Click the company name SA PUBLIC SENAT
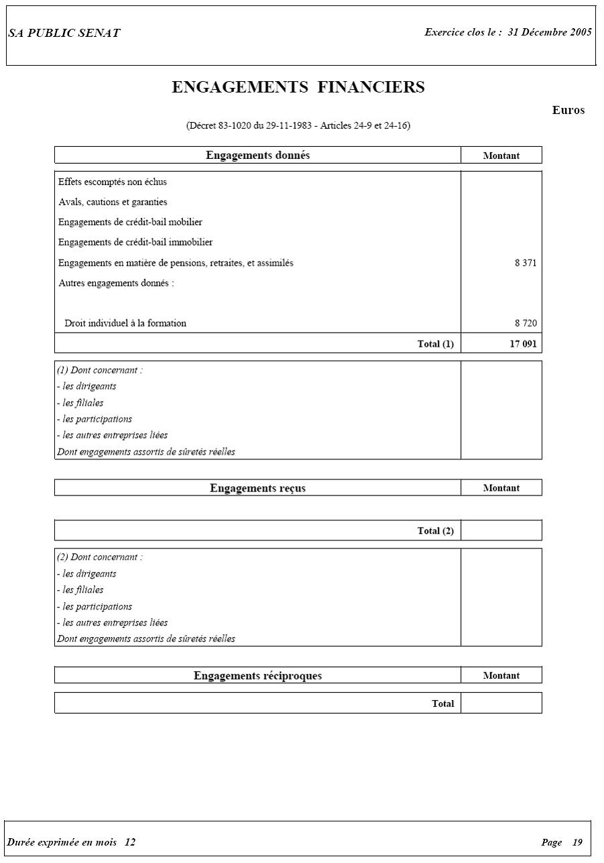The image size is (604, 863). [x=64, y=34]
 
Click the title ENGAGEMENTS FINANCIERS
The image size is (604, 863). [x=298, y=88]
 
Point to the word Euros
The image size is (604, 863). [x=568, y=111]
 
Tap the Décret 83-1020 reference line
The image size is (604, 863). [x=298, y=126]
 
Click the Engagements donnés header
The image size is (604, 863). [x=257, y=156]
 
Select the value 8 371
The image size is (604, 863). [x=526, y=264]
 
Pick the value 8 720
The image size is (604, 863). [x=526, y=323]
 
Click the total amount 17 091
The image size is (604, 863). [x=523, y=344]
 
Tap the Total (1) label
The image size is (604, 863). [x=436, y=344]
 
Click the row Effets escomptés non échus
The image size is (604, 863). [x=113, y=182]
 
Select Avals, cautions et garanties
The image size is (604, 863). [x=113, y=203]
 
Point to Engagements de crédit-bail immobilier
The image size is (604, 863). [x=135, y=243]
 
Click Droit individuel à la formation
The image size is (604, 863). [x=125, y=323]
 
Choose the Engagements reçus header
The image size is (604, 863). [x=257, y=488]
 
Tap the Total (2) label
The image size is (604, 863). [x=436, y=531]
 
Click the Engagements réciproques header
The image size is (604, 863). [x=257, y=676]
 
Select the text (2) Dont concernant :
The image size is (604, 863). [x=100, y=557]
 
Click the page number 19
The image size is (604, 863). [x=577, y=843]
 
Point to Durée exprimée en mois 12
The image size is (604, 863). [x=72, y=842]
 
